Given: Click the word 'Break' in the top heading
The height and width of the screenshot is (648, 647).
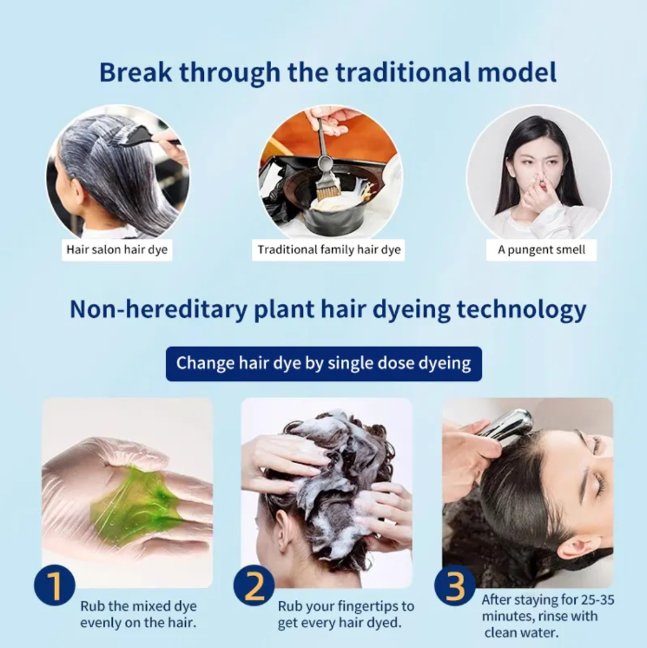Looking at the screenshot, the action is click(x=135, y=72).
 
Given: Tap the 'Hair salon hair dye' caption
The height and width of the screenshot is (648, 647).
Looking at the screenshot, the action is click(x=117, y=249).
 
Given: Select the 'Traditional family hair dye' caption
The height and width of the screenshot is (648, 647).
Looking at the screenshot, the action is click(x=329, y=249).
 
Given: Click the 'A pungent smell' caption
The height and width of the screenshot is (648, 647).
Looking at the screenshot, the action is click(x=541, y=249).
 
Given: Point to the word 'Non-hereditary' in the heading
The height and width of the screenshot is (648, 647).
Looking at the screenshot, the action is click(x=158, y=308).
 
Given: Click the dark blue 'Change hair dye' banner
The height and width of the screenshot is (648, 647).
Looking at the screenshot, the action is click(x=323, y=364).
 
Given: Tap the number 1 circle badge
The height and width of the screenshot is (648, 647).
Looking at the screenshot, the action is click(x=54, y=585).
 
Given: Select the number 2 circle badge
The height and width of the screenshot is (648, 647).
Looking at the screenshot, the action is click(x=254, y=585).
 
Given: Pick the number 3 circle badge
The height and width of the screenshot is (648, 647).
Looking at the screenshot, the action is click(x=454, y=585).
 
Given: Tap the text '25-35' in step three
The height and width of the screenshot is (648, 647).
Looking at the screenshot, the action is click(x=597, y=599).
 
